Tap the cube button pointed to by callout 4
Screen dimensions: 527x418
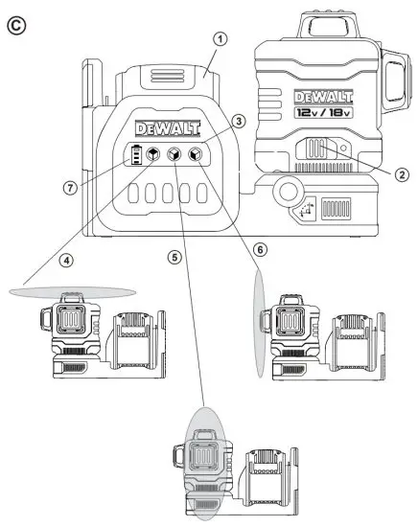click(153, 154)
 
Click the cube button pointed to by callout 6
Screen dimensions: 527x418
click(196, 154)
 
